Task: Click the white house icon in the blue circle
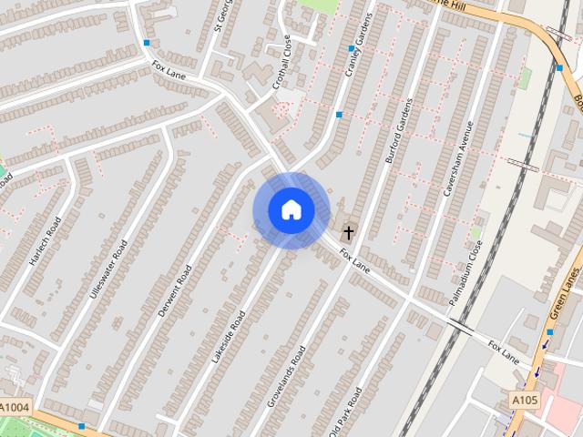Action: point(291,210)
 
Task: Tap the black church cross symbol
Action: point(347,234)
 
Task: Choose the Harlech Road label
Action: point(43,240)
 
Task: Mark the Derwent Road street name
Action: point(174,290)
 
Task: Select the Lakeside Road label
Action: point(228,337)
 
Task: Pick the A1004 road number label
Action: point(15,407)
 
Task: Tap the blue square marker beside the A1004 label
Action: point(82,425)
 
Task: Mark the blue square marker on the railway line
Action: point(559,67)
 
